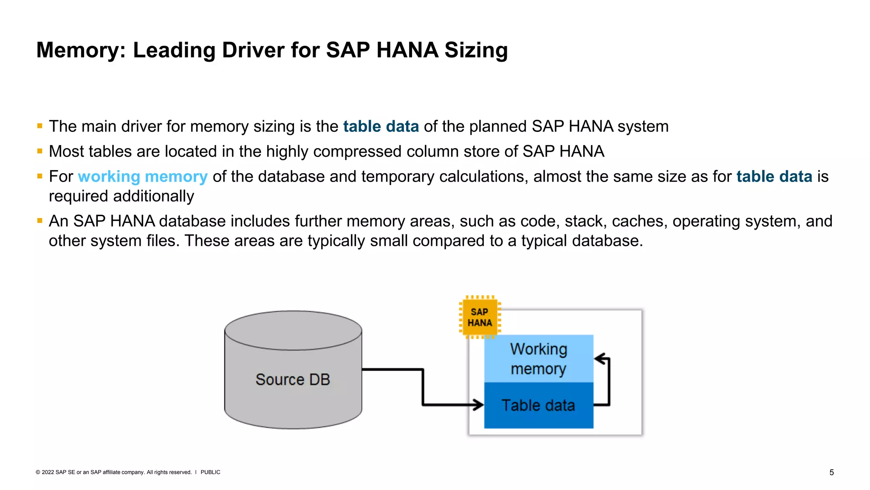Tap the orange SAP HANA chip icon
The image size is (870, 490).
click(480, 317)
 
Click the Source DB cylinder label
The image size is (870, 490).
click(293, 379)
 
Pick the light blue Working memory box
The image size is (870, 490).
click(538, 359)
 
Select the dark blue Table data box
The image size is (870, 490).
click(538, 405)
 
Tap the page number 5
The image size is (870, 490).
click(831, 473)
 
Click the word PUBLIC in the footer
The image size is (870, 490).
click(210, 472)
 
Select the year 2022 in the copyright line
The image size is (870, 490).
click(48, 472)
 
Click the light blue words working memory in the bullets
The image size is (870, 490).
click(143, 177)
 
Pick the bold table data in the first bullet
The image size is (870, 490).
click(381, 126)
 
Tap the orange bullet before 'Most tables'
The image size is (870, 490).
click(40, 151)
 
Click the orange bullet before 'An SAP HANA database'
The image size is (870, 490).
click(40, 221)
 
